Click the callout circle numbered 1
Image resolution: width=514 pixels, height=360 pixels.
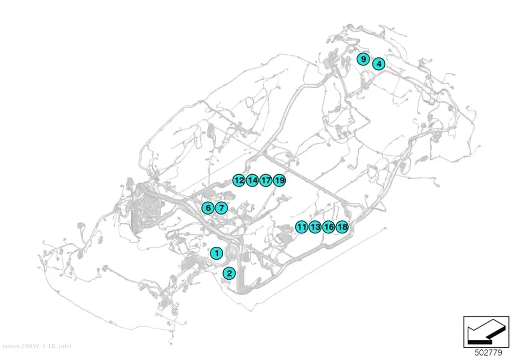point(216,253)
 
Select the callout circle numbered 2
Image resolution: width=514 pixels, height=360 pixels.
point(229,273)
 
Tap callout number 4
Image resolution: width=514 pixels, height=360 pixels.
point(379,64)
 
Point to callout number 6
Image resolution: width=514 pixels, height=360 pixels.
point(208,208)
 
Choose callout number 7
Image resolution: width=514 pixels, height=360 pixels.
point(221,208)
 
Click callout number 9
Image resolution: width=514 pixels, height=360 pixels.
point(363,59)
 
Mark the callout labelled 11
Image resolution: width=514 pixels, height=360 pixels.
point(301,227)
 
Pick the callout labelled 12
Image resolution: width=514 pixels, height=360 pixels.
point(239,180)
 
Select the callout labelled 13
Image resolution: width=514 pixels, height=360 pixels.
point(315,227)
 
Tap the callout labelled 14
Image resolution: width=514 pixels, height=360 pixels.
point(253,180)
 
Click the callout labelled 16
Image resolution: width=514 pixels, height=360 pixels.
point(328,227)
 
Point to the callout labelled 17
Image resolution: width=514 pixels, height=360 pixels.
point(266,180)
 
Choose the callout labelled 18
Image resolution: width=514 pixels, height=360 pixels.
point(342,227)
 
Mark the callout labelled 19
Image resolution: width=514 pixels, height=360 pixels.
point(280,180)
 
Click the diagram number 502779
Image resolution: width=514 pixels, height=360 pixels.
point(488,353)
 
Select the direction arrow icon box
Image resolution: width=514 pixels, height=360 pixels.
point(486,332)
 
